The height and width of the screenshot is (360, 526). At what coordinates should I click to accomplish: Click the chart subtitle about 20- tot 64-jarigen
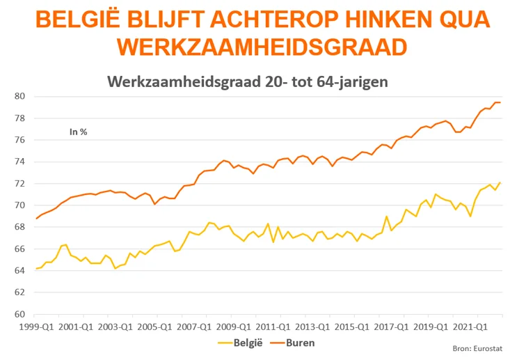tap(247, 81)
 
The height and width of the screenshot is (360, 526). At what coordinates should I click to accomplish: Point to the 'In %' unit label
tap(78, 130)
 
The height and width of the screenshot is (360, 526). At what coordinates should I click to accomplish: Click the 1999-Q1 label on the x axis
tap(34, 325)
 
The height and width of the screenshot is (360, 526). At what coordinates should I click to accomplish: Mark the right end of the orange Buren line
tap(500, 102)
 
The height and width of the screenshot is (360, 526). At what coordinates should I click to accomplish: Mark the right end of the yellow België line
tap(500, 182)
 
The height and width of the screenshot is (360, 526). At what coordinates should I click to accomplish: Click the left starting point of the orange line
tap(35, 219)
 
